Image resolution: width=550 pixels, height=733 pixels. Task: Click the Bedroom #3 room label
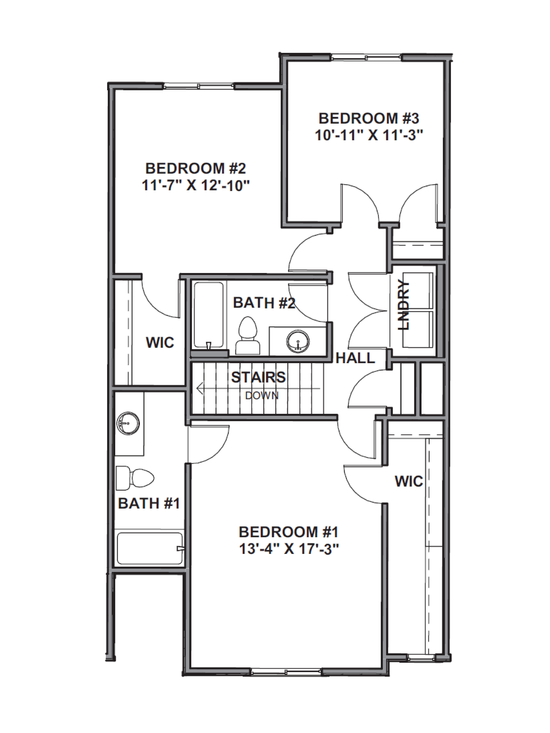[x=369, y=118]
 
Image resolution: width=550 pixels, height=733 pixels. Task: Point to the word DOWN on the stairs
[x=262, y=396]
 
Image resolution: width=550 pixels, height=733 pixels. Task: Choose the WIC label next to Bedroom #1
[x=409, y=481]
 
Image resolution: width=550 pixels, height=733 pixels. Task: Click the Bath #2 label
[x=264, y=303]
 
